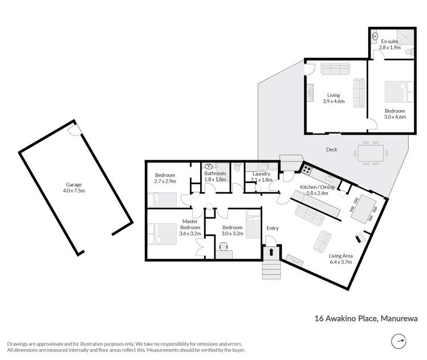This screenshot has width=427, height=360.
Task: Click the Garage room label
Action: [74, 184]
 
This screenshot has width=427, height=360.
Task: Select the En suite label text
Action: [391, 42]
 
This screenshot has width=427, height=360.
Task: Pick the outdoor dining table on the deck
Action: [371, 153]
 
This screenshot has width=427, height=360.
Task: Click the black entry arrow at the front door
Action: [272, 251]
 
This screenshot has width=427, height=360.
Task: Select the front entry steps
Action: [272, 268]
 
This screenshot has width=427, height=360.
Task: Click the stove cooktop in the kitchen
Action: [307, 169]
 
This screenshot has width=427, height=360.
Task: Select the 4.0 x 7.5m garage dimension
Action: [74, 191]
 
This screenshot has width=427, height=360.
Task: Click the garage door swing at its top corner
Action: [74, 131]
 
